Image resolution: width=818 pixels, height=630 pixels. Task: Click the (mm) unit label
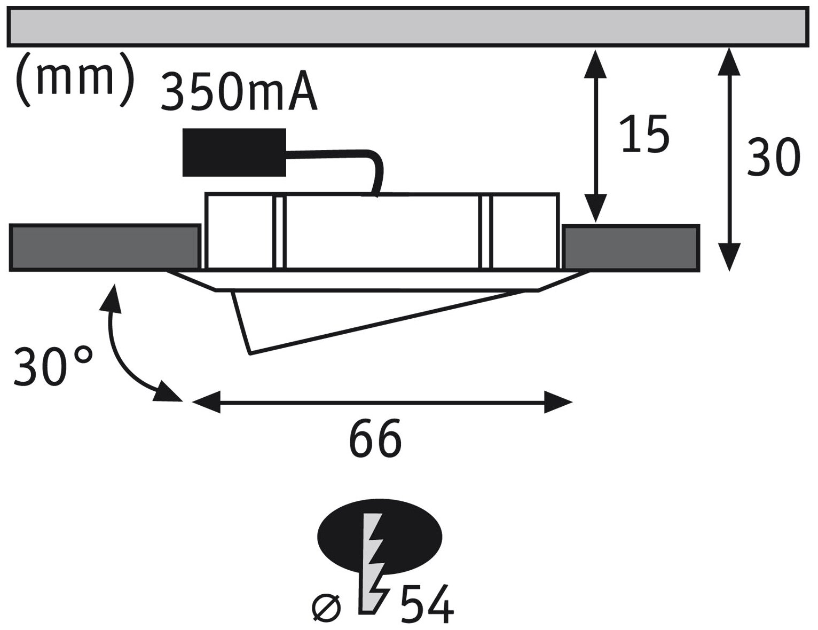74,80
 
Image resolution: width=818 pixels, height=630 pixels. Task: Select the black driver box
234,152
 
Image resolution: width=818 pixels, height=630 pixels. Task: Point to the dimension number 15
645,133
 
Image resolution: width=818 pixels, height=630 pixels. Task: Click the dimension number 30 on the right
773,157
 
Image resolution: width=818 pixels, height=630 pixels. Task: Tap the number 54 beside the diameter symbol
427,605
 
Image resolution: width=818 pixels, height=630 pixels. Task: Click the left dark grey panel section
104,248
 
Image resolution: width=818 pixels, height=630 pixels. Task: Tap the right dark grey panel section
631,248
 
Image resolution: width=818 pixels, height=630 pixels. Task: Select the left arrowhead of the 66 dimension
206,401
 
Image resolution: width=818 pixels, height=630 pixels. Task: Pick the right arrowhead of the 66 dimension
558,401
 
